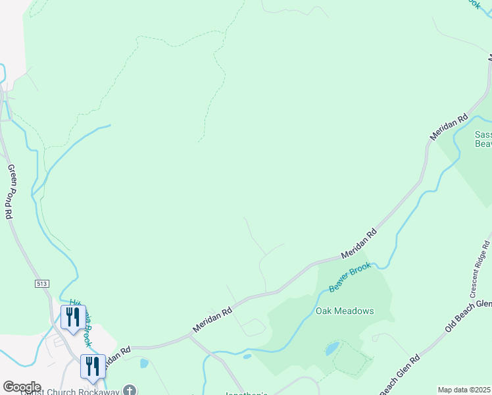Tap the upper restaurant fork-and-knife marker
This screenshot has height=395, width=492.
click(x=72, y=316)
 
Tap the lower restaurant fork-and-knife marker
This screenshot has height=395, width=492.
click(x=92, y=366)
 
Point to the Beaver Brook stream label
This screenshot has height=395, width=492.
click(x=351, y=277)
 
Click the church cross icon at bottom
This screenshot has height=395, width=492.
click(x=131, y=390)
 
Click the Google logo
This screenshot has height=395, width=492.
click(x=22, y=387)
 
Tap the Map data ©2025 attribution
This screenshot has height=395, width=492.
click(x=464, y=390)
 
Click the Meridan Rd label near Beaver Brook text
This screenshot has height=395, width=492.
click(x=359, y=244)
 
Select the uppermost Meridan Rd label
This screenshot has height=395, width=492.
click(x=449, y=126)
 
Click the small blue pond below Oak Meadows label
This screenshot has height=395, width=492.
click(x=332, y=348)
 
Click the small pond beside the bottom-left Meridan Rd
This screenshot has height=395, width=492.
click(x=144, y=363)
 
